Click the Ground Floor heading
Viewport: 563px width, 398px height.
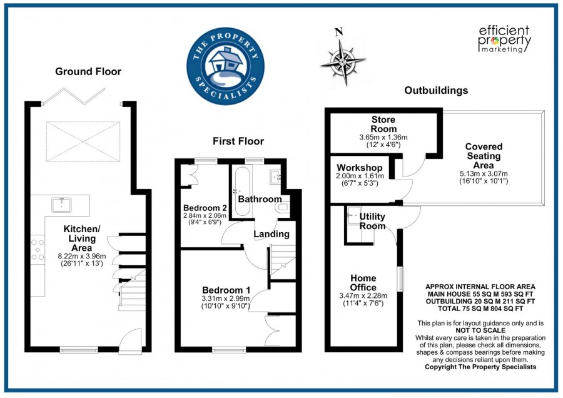[88, 71]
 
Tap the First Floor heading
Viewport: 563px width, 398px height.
[238, 141]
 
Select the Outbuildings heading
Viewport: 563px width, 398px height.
[436, 90]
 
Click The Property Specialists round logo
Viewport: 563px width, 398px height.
[225, 66]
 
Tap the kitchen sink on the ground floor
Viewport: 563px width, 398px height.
[61, 205]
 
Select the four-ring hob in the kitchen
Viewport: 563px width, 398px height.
[38, 249]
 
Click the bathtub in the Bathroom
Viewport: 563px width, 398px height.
[242, 191]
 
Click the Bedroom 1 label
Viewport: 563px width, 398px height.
[226, 290]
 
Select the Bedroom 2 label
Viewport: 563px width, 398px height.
[205, 208]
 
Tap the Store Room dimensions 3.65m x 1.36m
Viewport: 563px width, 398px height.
[383, 137]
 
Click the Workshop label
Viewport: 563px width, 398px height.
[360, 168]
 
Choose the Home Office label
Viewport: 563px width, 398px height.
[363, 283]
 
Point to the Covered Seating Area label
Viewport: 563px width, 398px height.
[484, 156]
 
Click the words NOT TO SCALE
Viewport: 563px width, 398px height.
[480, 330]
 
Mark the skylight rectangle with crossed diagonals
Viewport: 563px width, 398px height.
[83, 141]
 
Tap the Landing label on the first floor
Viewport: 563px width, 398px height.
[271, 234]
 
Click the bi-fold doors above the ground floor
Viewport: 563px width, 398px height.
[74, 96]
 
